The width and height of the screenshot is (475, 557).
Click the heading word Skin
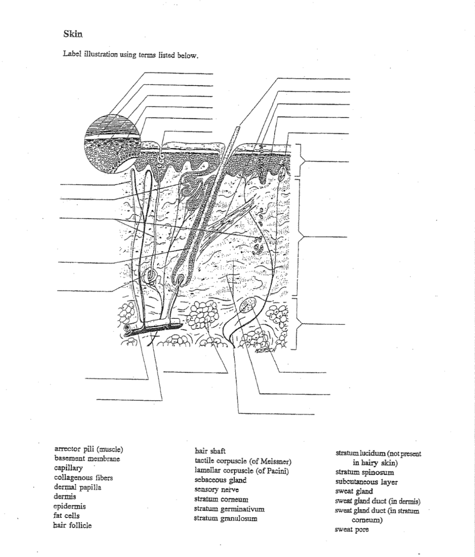(73, 34)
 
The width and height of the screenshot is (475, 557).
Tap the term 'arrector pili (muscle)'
(89, 449)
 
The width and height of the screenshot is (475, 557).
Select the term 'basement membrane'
(87, 459)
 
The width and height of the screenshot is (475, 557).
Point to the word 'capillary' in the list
(68, 468)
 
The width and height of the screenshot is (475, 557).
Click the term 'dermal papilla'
(78, 487)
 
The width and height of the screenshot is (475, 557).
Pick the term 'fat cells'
(67, 515)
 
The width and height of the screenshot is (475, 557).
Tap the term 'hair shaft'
(207, 451)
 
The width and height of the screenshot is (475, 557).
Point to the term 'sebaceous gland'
(220, 480)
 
